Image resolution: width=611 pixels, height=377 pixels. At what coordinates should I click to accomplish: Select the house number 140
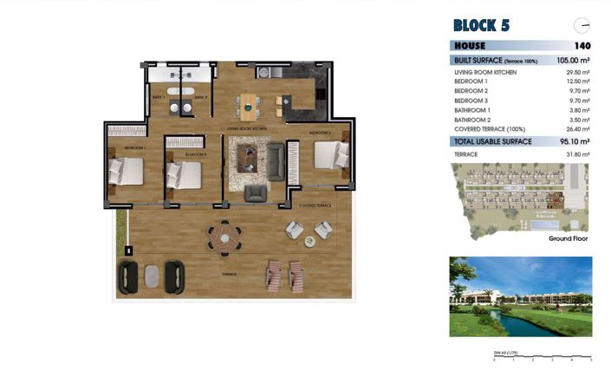[582, 46]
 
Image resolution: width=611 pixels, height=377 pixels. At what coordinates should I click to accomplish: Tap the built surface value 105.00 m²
[575, 60]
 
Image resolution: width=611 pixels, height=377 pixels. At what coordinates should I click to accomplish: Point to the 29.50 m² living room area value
[578, 72]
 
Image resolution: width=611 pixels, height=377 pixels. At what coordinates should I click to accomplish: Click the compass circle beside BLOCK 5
[582, 25]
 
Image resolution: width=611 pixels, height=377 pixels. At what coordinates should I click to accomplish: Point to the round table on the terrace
[225, 235]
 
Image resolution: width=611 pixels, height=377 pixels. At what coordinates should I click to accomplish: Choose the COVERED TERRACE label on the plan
[315, 205]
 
